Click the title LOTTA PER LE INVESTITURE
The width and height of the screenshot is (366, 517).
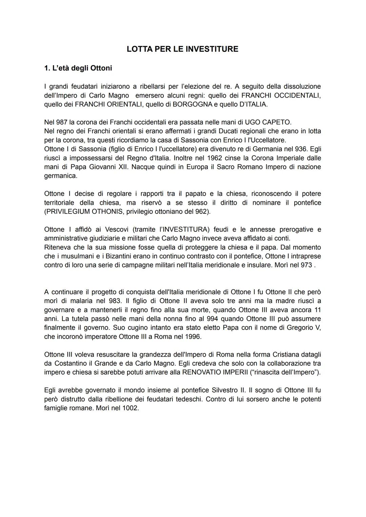click(182, 49)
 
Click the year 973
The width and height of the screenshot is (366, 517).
click(306, 265)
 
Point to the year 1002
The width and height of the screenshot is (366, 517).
click(130, 408)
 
